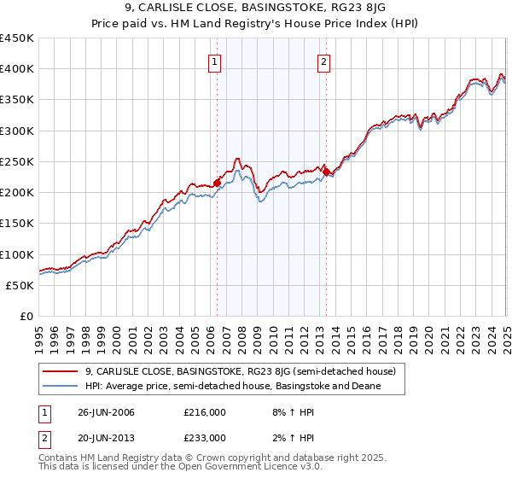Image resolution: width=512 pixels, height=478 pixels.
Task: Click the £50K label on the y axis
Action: [x=20, y=285]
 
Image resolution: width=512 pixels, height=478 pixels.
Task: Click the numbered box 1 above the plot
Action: [x=215, y=61]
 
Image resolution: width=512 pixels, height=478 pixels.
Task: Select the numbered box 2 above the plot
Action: [x=324, y=61]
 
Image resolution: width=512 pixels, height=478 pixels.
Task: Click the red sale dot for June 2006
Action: [x=217, y=183]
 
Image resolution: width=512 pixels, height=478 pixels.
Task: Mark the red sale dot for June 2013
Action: [x=326, y=172]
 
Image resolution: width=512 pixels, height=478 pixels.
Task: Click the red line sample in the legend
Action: [x=61, y=371]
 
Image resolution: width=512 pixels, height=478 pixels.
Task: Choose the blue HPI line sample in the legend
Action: [x=61, y=386]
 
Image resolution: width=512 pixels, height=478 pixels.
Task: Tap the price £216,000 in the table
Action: [x=204, y=412]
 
